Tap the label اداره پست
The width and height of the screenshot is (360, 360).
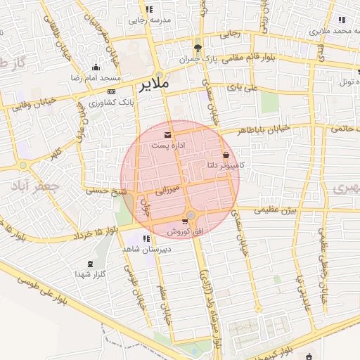168,145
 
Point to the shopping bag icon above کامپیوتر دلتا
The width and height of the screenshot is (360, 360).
226,155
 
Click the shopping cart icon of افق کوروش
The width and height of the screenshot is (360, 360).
184,221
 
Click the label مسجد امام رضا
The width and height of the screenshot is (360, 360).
96,76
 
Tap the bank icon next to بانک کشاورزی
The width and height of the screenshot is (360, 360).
111,91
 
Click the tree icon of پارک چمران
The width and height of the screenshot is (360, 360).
198,49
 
